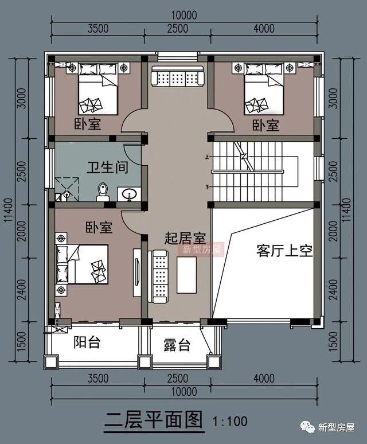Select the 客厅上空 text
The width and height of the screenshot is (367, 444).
point(284,251)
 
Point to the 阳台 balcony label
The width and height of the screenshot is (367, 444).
point(87,342)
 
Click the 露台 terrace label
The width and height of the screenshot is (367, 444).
point(177,345)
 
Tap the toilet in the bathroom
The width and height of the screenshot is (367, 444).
point(103,192)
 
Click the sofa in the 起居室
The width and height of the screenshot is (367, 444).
point(159,276)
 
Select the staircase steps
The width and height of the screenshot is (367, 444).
point(248,170)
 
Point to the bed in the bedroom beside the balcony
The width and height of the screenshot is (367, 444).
point(83,264)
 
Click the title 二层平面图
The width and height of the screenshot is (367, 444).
point(154,420)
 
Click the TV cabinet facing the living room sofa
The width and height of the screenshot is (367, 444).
point(137,272)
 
